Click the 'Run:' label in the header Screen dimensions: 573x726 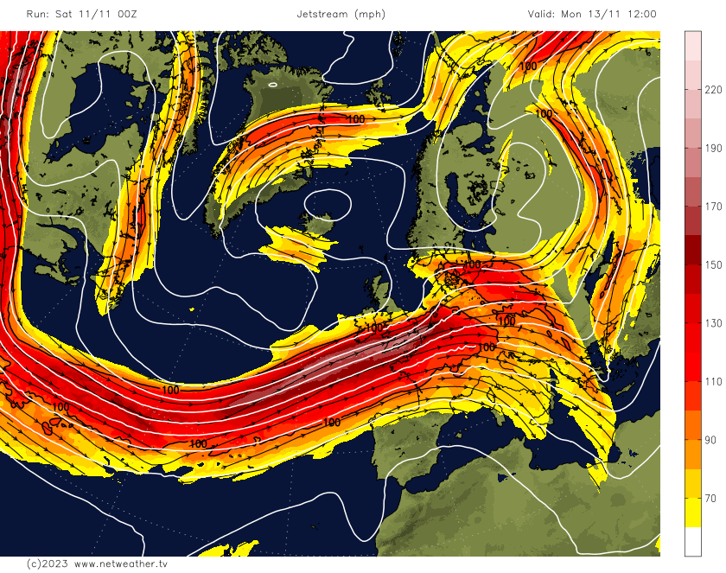[39, 15]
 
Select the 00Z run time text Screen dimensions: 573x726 [126, 15]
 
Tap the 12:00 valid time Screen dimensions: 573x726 [640, 15]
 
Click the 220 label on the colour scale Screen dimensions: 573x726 [713, 90]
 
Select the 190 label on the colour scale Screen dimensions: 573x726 [713, 149]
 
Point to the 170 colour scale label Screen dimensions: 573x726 [713, 207]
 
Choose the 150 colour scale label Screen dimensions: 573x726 [713, 265]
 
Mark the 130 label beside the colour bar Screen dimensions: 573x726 [713, 323]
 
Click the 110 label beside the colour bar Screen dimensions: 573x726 [713, 382]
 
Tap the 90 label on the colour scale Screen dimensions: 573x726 [710, 440]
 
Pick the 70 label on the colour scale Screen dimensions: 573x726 [710, 499]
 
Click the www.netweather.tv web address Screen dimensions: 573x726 [121, 563]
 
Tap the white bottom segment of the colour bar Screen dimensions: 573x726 [692, 541]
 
